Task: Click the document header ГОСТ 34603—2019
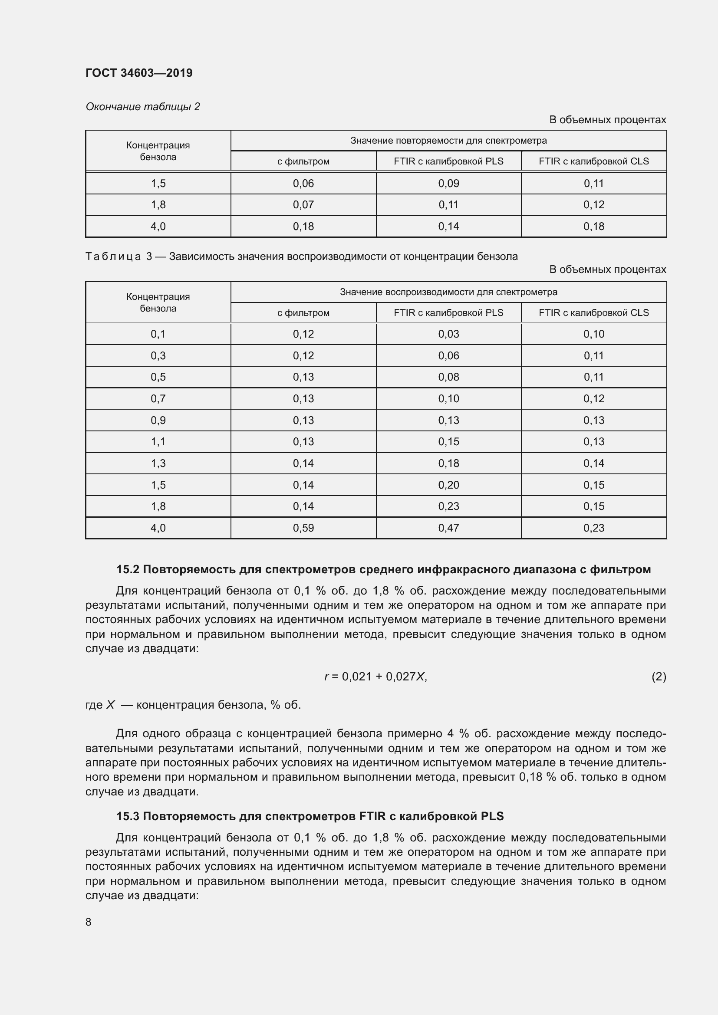tap(139, 73)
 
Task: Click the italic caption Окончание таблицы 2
tap(142, 107)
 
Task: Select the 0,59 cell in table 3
tap(303, 528)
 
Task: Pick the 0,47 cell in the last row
tap(448, 528)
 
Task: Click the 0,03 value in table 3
tap(448, 334)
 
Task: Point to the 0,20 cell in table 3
tap(448, 485)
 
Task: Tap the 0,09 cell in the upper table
tap(448, 184)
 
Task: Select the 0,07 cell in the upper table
tap(303, 205)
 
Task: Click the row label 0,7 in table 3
tap(158, 399)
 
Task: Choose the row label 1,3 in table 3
tap(158, 463)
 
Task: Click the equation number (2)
tap(659, 677)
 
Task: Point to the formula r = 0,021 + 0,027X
tap(375, 677)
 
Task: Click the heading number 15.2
tap(128, 570)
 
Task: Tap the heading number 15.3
tap(128, 817)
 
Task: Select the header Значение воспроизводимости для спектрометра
tap(448, 292)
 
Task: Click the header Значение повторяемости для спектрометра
tap(448, 141)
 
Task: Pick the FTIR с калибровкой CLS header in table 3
tap(593, 313)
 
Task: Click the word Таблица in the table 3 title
tap(113, 257)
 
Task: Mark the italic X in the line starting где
tap(110, 705)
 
